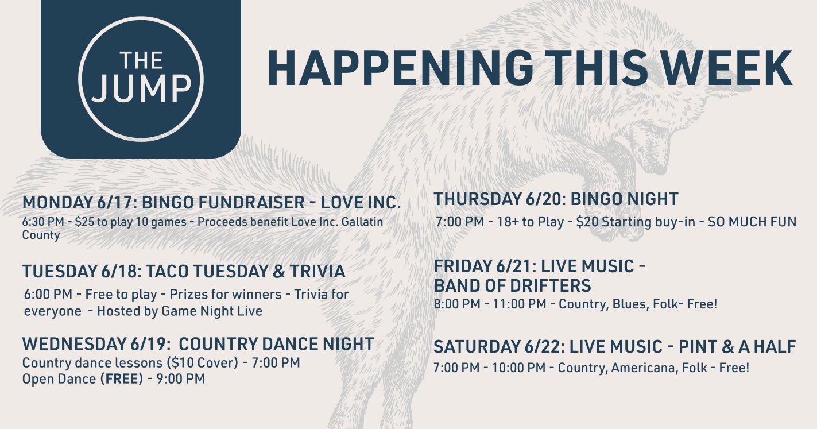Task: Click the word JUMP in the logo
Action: pos(141,88)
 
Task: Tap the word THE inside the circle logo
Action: pos(141,60)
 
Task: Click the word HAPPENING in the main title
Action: pos(400,68)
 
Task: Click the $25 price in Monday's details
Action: pos(84,222)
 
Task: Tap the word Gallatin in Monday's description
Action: pos(362,222)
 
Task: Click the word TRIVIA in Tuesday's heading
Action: pos(317,272)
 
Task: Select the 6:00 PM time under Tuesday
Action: pos(48,295)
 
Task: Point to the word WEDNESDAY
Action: pos(73,344)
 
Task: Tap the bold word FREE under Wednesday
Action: pos(122,379)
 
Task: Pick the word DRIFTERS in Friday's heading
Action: pos(552,285)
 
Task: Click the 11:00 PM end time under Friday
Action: pos(520,304)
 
